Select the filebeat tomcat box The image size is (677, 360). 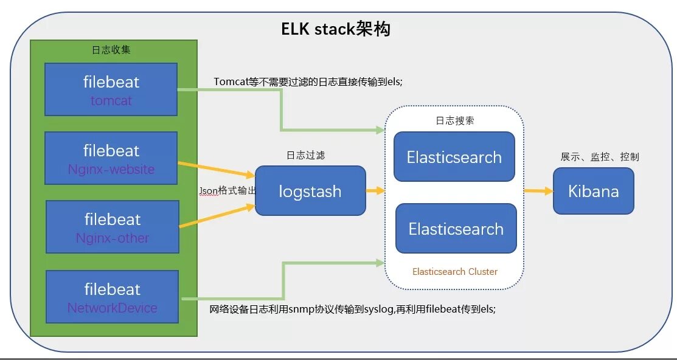[111, 89]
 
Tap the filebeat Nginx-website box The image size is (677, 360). [111, 158]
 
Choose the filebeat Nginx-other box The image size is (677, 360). [113, 227]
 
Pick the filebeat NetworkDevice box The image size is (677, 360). [113, 297]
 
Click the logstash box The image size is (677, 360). [310, 191]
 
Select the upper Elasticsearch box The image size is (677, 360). [454, 157]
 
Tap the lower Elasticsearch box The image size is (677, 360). [456, 229]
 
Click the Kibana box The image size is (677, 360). [593, 191]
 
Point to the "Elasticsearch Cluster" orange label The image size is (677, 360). [455, 271]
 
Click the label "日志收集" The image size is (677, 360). [111, 50]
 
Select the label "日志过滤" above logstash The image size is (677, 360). [305, 156]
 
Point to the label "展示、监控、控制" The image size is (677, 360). [600, 157]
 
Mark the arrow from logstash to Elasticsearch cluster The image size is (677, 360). [375, 191]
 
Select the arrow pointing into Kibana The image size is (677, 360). [538, 191]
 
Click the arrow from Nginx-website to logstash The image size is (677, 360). [216, 169]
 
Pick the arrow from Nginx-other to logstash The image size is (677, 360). [216, 216]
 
